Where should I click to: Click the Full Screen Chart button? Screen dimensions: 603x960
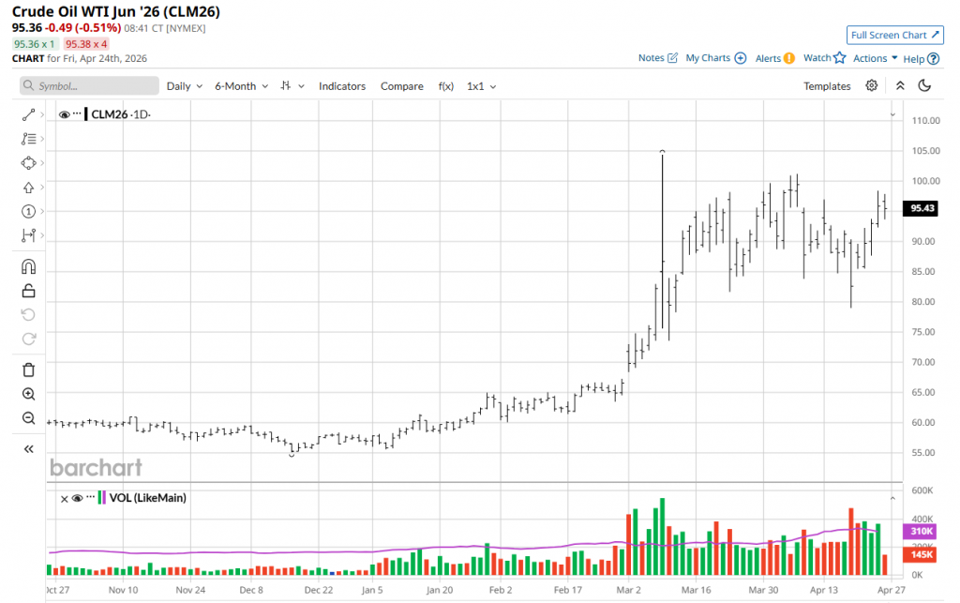tap(894, 36)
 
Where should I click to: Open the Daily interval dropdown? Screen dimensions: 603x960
tap(184, 86)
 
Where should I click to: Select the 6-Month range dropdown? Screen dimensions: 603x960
tap(241, 86)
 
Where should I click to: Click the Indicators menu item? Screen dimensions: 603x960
tap(342, 86)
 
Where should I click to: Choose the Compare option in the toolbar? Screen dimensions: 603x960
tap(401, 86)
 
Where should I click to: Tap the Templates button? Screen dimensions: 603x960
tap(827, 86)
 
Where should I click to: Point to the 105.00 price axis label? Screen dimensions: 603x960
tap(925, 151)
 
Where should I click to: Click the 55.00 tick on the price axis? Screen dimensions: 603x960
tap(924, 453)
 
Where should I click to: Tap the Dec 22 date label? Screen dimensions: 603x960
tap(318, 591)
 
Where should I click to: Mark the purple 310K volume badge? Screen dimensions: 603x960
tap(922, 532)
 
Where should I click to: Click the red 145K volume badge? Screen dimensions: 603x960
tap(922, 555)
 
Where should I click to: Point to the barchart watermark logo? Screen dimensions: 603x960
tap(96, 467)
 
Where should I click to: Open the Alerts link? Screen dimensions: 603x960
tap(774, 58)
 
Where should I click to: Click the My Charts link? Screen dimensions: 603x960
tap(715, 58)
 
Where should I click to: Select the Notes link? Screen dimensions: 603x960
tap(657, 58)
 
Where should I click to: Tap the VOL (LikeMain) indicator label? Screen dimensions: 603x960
tap(147, 498)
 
